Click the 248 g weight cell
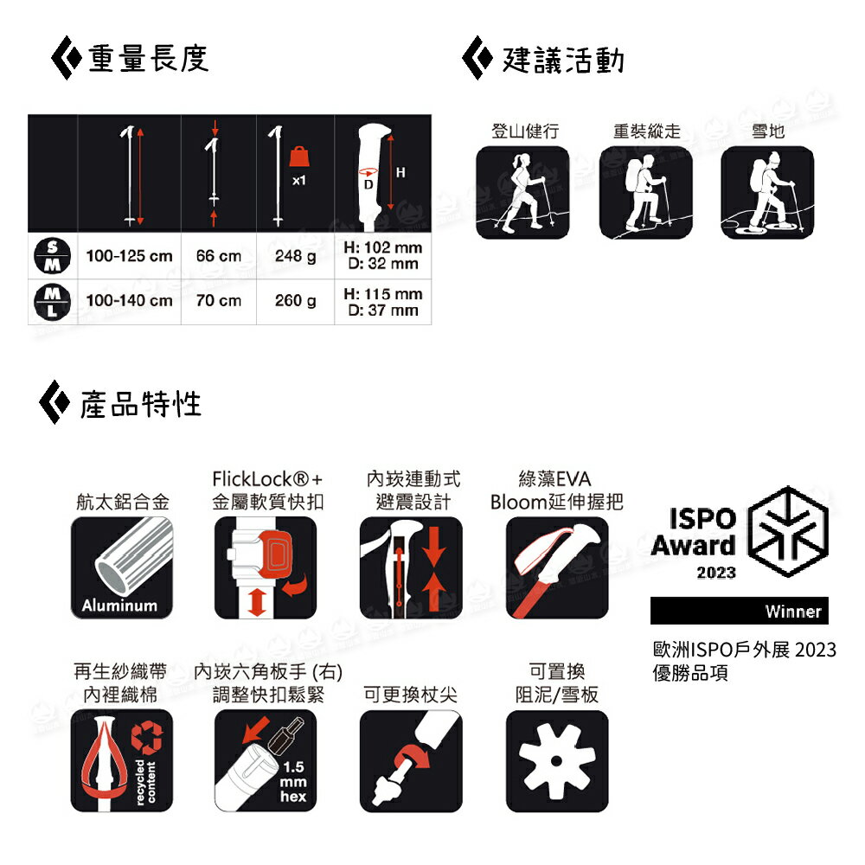point(295,256)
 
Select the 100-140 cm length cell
point(129,301)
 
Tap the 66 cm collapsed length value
point(219,256)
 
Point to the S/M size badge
point(53,256)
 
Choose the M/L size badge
point(53,302)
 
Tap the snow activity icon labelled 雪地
point(767,193)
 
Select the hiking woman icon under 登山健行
point(522,193)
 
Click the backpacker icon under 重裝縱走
point(645,193)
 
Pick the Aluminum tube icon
point(122,567)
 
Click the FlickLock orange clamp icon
point(266,567)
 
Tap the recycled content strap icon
point(122,760)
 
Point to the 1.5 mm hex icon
point(266,760)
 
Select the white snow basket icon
point(557,760)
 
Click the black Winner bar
point(740,611)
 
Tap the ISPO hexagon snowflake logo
point(788,532)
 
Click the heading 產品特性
point(141,404)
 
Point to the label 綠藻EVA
point(555,479)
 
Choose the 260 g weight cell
point(295,301)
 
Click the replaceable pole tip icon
point(411,760)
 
